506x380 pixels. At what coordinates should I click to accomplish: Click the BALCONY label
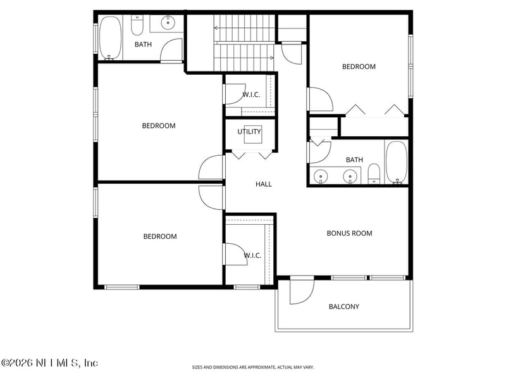pyautogui.click(x=343, y=307)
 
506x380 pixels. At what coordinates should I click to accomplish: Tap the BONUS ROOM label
pyautogui.click(x=349, y=233)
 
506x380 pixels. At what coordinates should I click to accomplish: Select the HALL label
pyautogui.click(x=263, y=184)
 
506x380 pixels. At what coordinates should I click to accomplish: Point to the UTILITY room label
pyautogui.click(x=249, y=132)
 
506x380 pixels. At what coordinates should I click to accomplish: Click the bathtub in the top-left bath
pyautogui.click(x=110, y=38)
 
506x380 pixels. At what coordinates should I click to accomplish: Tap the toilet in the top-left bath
pyautogui.click(x=137, y=25)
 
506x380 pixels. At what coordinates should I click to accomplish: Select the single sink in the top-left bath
pyautogui.click(x=168, y=23)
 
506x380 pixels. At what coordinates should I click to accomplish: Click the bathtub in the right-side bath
pyautogui.click(x=397, y=163)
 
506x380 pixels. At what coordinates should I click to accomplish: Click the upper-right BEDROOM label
pyautogui.click(x=359, y=66)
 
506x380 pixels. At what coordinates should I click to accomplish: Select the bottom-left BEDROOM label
pyautogui.click(x=160, y=236)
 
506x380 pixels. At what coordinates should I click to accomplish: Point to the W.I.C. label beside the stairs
pyautogui.click(x=251, y=94)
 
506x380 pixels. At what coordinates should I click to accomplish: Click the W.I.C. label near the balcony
pyautogui.click(x=252, y=255)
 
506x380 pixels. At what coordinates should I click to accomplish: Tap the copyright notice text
pyautogui.click(x=49, y=363)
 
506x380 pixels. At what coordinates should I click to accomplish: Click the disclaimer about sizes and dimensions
pyautogui.click(x=252, y=367)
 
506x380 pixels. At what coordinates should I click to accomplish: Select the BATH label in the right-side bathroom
pyautogui.click(x=354, y=160)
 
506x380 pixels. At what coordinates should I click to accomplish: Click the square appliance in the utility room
pyautogui.click(x=253, y=134)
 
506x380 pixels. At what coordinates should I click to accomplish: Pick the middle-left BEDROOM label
pyautogui.click(x=159, y=125)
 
